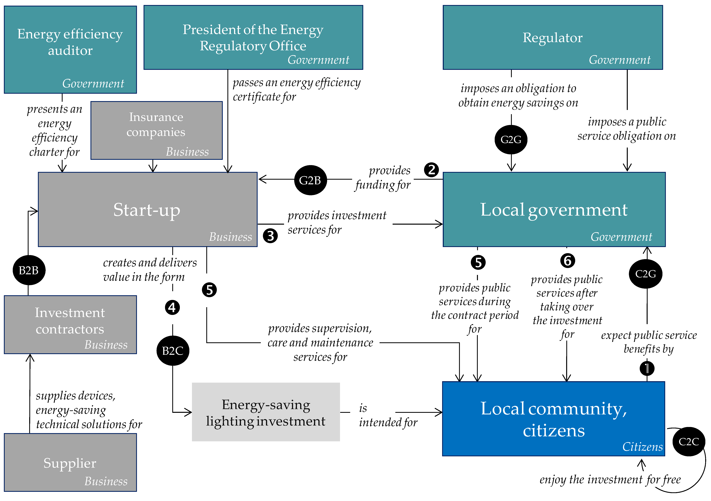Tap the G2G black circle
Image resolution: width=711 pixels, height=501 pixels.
pos(511,140)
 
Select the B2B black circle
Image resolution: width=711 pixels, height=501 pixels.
pos(29,270)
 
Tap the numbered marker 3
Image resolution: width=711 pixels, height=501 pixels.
pos(270,236)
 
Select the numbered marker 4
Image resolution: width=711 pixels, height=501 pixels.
pos(172,308)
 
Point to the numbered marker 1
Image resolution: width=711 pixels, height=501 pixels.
pos(647,368)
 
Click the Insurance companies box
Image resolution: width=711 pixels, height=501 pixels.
pos(156,130)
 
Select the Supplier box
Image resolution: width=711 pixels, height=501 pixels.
pos(70,462)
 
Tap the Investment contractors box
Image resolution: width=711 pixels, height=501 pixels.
pos(70,324)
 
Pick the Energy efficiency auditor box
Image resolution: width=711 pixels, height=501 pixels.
pos(70,50)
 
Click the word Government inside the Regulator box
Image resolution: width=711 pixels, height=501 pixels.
pos(619,60)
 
